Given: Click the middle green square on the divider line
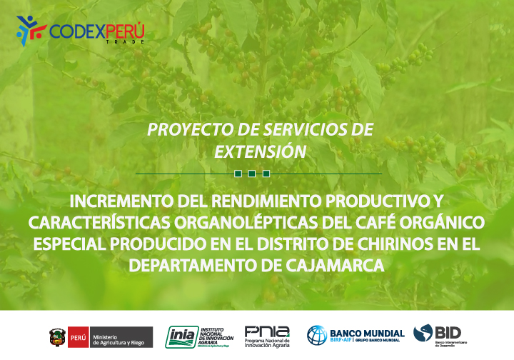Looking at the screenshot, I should (x=252, y=174).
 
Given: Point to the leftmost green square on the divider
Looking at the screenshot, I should (x=238, y=174).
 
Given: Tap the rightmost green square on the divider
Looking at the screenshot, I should (x=266, y=174).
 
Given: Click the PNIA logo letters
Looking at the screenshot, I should (x=267, y=331).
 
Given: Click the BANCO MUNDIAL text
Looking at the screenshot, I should (x=367, y=333).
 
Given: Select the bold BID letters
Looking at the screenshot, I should (x=448, y=332).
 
